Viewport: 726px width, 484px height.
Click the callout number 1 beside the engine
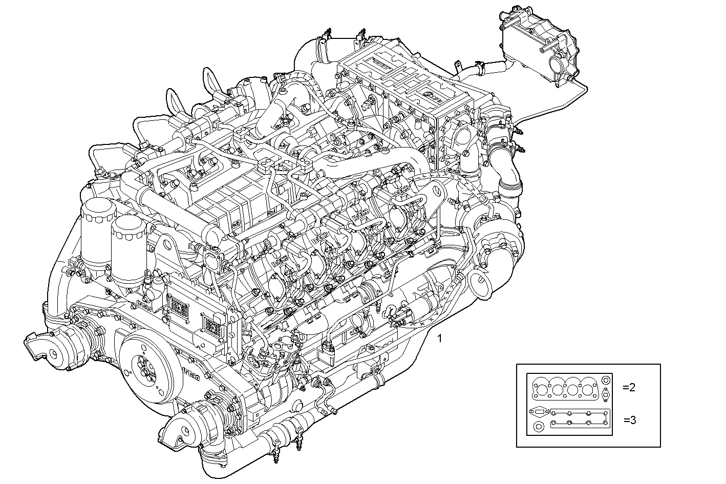point(439,339)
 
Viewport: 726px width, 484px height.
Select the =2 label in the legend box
point(629,387)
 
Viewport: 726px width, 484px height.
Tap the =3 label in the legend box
point(630,420)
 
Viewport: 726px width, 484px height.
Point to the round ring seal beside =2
point(606,381)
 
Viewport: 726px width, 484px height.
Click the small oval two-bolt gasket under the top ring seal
point(606,395)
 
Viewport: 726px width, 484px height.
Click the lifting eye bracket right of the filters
point(166,247)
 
